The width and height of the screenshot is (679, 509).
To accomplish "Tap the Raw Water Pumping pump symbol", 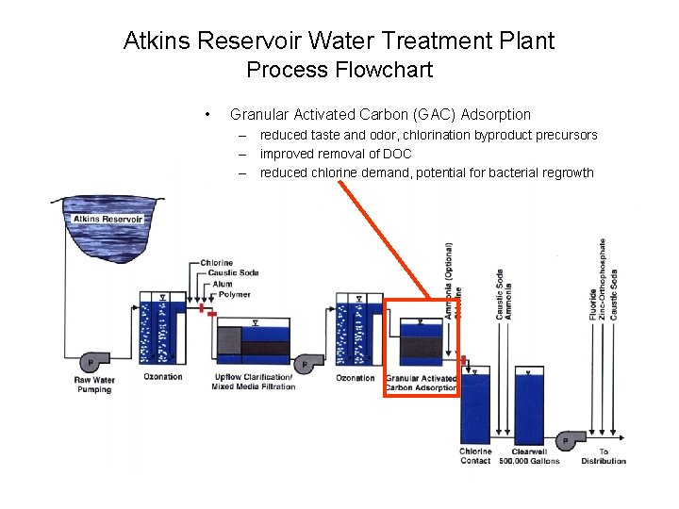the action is pyautogui.click(x=92, y=362).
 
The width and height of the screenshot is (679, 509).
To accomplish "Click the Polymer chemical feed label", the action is pyautogui.click(x=234, y=294).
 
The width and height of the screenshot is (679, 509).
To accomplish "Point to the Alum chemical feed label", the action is pyautogui.click(x=223, y=284).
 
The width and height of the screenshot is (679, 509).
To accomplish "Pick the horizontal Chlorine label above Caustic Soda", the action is pyautogui.click(x=217, y=263).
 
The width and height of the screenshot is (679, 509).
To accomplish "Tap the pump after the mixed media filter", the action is pyautogui.click(x=305, y=364).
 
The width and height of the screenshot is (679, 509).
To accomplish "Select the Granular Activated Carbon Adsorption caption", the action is pyautogui.click(x=421, y=383).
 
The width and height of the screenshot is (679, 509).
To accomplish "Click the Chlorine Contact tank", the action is pyautogui.click(x=475, y=405).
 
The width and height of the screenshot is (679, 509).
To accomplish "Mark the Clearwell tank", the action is pyautogui.click(x=529, y=405).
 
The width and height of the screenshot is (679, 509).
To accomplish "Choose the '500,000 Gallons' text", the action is pyautogui.click(x=529, y=461).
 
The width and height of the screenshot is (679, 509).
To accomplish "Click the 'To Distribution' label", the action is pyautogui.click(x=604, y=456).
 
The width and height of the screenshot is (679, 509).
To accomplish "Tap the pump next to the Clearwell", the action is pyautogui.click(x=567, y=439).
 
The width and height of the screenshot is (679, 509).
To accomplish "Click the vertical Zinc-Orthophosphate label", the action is pyautogui.click(x=603, y=279).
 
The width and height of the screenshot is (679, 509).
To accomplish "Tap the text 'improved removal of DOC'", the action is pyautogui.click(x=336, y=154).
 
